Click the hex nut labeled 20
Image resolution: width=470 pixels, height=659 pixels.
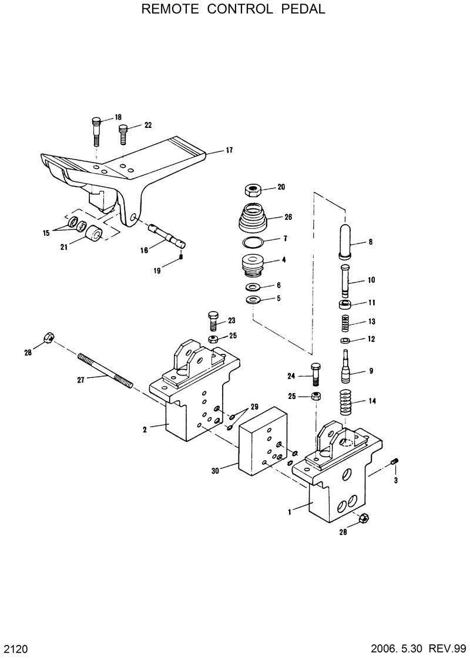[253, 190]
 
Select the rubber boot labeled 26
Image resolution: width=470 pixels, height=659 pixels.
[253, 219]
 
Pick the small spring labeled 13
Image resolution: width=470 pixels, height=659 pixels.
[345, 322]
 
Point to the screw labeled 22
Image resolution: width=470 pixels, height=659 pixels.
[123, 134]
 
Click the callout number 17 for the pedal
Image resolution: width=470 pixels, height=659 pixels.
[229, 150]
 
